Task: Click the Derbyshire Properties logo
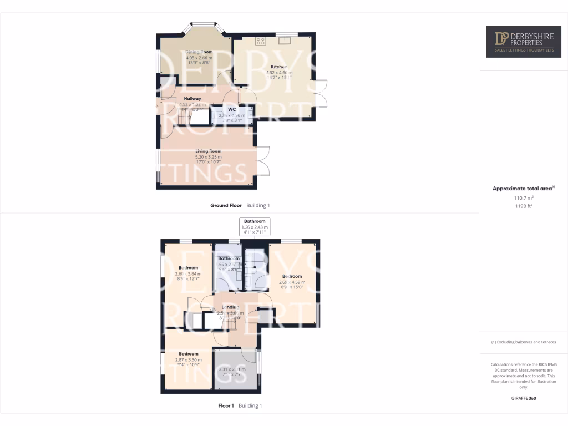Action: click(520, 41)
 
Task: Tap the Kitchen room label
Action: click(279, 67)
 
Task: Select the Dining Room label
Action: click(199, 52)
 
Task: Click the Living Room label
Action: click(208, 151)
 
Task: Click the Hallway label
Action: click(192, 99)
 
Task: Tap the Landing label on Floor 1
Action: click(230, 307)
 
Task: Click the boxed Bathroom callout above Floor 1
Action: click(255, 227)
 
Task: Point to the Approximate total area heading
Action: click(523, 189)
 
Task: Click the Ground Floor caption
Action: click(226, 205)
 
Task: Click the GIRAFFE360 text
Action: click(524, 398)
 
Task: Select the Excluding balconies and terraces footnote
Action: click(524, 342)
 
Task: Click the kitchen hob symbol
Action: click(260, 40)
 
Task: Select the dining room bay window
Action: click(204, 26)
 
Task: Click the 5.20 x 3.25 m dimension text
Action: click(208, 157)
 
